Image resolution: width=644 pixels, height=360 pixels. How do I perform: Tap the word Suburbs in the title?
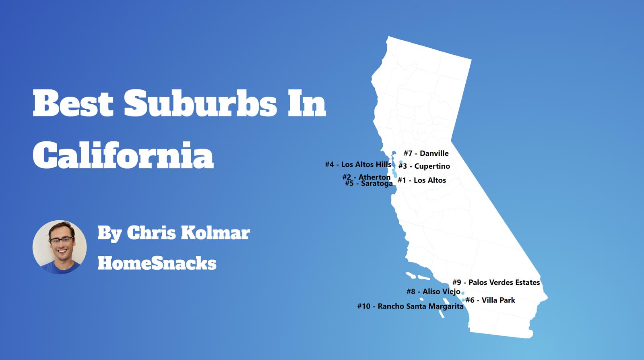(200, 103)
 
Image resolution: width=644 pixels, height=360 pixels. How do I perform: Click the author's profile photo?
(60, 247)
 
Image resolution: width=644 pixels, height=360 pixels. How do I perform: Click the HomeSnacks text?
(157, 263)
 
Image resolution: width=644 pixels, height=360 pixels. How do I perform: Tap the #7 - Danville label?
(426, 153)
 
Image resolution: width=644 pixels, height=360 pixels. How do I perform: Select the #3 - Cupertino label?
(424, 166)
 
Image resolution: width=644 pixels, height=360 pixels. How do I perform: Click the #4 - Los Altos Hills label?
(358, 164)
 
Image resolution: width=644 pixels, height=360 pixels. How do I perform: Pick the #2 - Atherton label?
(366, 177)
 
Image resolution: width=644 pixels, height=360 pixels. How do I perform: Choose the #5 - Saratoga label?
(369, 184)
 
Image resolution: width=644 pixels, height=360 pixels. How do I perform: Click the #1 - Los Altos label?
(422, 180)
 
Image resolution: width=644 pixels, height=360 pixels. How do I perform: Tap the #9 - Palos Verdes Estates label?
(496, 283)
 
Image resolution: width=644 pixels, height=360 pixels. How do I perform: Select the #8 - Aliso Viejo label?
(433, 292)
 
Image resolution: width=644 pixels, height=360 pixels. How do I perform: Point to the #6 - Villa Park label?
(490, 300)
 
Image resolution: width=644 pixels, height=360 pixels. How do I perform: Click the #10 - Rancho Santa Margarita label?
(410, 306)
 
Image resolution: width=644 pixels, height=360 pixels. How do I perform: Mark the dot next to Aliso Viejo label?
(463, 293)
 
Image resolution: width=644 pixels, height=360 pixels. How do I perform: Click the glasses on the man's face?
(61, 241)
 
